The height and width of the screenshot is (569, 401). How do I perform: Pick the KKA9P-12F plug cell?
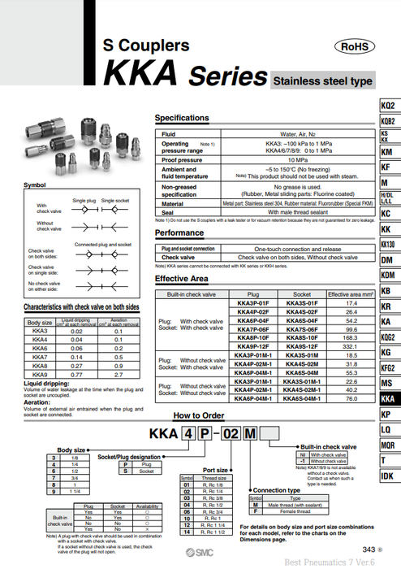tap(252, 345)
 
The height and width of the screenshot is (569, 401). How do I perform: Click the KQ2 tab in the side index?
tap(388, 106)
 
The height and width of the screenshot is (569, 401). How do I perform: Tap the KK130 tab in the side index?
tap(388, 245)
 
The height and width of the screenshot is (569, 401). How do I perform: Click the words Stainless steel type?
tap(323, 82)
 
